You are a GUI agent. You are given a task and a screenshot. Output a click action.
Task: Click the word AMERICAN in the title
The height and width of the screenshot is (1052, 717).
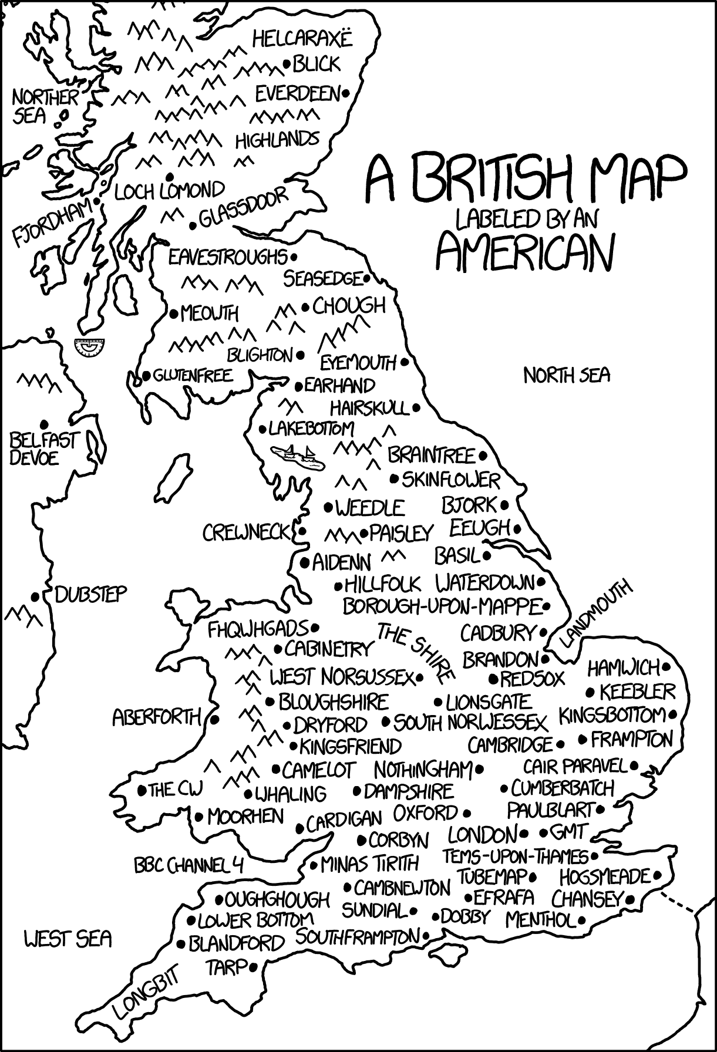(x=525, y=251)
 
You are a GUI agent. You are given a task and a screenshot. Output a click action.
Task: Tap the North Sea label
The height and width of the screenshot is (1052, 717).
(x=566, y=375)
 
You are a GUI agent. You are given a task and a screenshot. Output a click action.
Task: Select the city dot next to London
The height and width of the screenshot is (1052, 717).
(x=524, y=833)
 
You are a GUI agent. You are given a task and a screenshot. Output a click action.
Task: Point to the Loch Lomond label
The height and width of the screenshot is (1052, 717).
(x=169, y=190)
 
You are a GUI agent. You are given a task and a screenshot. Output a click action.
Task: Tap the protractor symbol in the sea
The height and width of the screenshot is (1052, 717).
(x=90, y=348)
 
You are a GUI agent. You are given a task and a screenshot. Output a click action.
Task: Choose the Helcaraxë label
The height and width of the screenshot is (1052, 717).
(x=302, y=39)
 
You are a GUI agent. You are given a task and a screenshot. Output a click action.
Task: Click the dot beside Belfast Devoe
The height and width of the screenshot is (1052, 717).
(x=43, y=423)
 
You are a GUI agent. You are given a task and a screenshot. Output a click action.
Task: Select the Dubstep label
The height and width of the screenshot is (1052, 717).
(x=90, y=594)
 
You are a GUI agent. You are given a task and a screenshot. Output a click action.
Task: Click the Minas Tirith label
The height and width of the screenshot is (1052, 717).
(x=370, y=864)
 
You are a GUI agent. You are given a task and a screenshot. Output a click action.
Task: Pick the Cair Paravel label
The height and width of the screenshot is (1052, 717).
(x=575, y=766)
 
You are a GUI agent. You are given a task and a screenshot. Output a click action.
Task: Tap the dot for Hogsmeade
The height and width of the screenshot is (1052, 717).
(x=657, y=876)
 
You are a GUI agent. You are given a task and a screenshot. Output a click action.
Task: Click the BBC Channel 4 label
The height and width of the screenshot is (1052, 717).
(x=188, y=865)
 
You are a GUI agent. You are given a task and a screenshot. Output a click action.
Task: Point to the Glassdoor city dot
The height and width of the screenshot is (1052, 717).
(x=193, y=225)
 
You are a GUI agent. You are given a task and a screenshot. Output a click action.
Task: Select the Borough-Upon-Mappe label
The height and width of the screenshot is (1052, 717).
(x=441, y=605)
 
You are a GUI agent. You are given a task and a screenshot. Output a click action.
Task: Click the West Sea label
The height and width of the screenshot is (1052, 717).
(x=68, y=939)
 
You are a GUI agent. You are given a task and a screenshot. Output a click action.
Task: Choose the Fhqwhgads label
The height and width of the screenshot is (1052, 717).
(x=258, y=629)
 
